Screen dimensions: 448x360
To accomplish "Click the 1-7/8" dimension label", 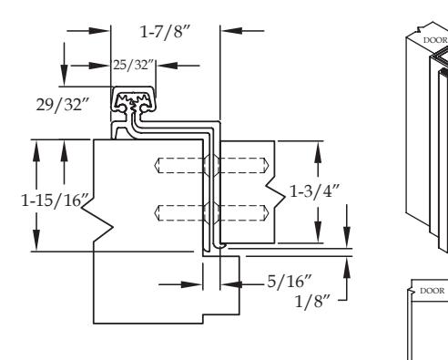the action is [x=165, y=32].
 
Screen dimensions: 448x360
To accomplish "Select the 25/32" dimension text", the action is [x=134, y=65].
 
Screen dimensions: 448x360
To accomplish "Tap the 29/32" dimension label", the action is [x=63, y=105].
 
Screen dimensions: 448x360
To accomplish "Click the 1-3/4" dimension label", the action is [x=314, y=191].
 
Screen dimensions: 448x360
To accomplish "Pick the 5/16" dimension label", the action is [x=290, y=282].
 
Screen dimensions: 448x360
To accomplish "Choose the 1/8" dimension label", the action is [x=312, y=302].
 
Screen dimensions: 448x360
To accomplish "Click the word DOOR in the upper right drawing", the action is [x=435, y=40].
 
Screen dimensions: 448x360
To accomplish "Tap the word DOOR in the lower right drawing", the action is [x=433, y=291].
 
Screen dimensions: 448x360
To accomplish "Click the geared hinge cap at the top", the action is [x=133, y=99].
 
